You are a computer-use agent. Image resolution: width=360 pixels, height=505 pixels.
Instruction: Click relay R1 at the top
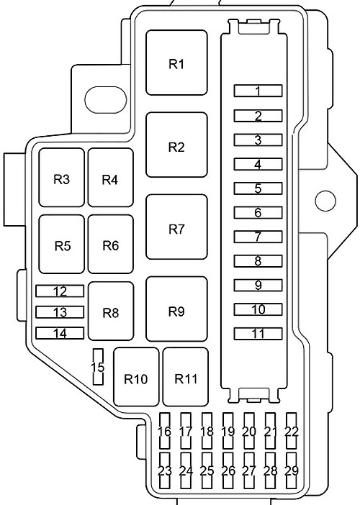click(x=176, y=63)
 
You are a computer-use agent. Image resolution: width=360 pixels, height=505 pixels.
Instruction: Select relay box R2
click(x=176, y=146)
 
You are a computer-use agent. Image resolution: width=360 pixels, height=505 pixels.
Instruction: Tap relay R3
click(x=62, y=178)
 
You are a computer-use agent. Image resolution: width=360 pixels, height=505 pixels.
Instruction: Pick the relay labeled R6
click(x=110, y=245)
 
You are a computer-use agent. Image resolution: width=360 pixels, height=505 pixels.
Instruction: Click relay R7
click(x=176, y=229)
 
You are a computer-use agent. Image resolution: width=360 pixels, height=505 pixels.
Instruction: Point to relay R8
click(x=110, y=311)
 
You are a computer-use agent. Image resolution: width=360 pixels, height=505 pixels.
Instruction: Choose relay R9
click(x=176, y=311)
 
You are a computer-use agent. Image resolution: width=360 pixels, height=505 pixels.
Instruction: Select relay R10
click(x=135, y=378)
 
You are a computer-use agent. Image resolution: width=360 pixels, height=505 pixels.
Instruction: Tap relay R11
click(x=186, y=378)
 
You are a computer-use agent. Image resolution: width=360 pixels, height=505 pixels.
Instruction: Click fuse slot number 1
click(x=258, y=91)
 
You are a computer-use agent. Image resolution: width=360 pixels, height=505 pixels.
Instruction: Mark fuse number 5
click(x=258, y=188)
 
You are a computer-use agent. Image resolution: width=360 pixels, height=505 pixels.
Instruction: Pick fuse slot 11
click(x=258, y=334)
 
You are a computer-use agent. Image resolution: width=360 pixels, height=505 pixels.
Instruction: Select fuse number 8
click(x=258, y=261)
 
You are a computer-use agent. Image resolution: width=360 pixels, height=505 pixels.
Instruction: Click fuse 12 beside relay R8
click(x=60, y=291)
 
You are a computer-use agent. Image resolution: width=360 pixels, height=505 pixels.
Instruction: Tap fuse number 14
click(x=60, y=334)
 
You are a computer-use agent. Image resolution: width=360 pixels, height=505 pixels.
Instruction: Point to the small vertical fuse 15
click(x=98, y=367)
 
